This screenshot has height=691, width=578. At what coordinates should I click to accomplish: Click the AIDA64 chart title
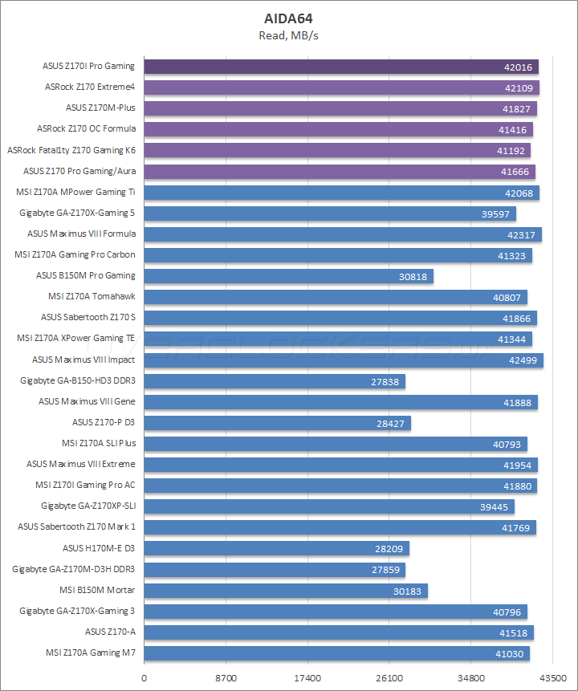pos(289,18)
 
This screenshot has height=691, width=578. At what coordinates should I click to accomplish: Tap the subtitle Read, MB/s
pos(289,35)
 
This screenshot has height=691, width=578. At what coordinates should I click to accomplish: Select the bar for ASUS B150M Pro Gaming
pos(289,276)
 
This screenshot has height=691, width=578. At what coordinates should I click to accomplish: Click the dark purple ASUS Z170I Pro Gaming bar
pos(341,67)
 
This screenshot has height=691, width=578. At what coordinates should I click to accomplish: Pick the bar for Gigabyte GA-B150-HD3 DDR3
pos(275,381)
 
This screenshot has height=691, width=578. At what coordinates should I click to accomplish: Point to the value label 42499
pos(520,360)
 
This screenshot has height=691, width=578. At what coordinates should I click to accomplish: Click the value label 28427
pos(389,423)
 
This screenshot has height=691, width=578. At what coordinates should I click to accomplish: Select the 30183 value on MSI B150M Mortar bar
pos(405,591)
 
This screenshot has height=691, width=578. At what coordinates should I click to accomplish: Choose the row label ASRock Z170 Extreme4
pos(90,87)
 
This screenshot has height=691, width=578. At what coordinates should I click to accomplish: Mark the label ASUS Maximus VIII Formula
pos(81,234)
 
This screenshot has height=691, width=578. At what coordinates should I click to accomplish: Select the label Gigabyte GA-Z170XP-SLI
pos(88,506)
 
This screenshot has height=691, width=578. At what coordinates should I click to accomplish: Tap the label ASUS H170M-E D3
pos(99,548)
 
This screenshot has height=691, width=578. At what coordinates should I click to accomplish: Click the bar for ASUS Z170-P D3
pos(278,423)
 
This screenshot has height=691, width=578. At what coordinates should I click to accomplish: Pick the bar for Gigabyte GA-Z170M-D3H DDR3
pos(275,570)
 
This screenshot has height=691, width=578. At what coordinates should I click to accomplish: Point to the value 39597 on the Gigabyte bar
pos(493,213)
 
